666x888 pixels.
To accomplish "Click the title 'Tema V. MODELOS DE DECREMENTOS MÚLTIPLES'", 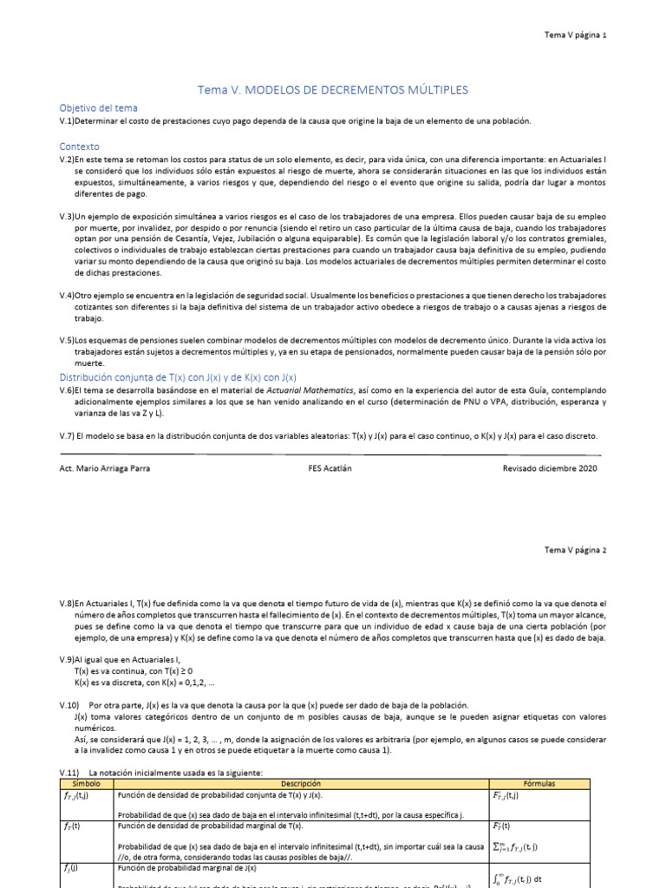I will tap(333, 89).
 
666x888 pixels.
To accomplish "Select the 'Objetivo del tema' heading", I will tap(98, 108).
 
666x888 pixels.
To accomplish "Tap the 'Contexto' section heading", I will tap(80, 147).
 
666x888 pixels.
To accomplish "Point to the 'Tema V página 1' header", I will tap(575, 35).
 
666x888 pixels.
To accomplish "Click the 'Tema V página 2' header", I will tap(575, 550).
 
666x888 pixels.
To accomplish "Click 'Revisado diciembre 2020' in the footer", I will tap(550, 467).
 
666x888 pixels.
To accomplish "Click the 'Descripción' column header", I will tap(302, 783).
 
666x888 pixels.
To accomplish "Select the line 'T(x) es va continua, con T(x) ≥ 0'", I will tap(134, 671).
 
